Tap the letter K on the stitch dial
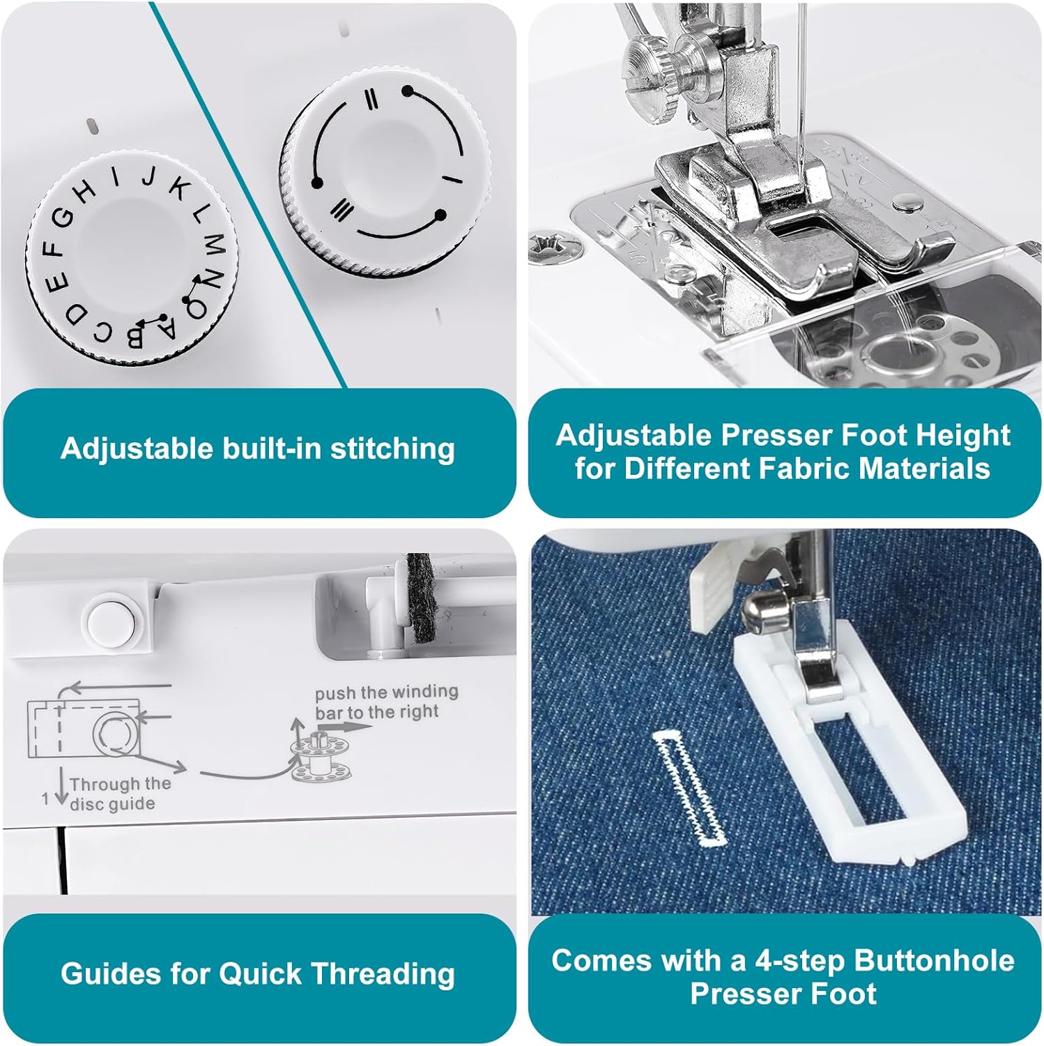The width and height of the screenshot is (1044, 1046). pyautogui.click(x=180, y=189)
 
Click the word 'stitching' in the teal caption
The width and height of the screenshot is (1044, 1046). pyautogui.click(x=392, y=449)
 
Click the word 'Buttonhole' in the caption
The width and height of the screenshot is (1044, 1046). pyautogui.click(x=934, y=960)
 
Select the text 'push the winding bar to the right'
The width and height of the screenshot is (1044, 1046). pyautogui.click(x=386, y=702)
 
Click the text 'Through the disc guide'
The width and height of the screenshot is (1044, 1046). pyautogui.click(x=120, y=794)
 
